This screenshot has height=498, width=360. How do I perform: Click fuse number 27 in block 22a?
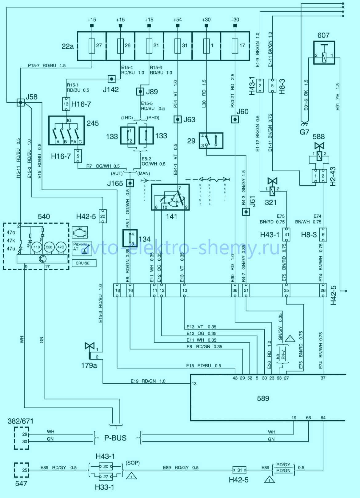point(92,46)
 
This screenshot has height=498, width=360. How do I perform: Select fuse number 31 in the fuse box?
point(177,46)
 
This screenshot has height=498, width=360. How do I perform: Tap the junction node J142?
point(112,79)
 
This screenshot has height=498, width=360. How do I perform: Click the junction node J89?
point(140,92)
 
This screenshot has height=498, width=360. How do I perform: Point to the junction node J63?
point(178,120)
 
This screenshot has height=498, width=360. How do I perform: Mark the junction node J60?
point(235,120)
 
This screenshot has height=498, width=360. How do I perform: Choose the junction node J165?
point(130,183)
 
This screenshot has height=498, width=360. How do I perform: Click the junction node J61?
point(246,212)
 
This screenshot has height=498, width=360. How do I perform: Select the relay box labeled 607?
point(323,53)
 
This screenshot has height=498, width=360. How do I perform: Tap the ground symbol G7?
point(303,124)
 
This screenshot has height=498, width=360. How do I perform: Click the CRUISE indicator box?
point(83,263)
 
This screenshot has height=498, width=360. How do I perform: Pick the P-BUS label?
point(115,438)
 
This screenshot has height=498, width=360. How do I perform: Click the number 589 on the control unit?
point(263,399)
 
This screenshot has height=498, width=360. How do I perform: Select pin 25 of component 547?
point(25,470)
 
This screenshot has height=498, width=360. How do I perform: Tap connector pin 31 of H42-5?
point(240,470)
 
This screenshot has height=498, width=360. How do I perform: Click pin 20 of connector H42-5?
point(103,216)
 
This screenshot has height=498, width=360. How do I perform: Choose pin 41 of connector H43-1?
point(286,235)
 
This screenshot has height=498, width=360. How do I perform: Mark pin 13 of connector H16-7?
point(66,104)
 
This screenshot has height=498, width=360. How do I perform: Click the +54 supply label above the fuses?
point(177,20)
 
